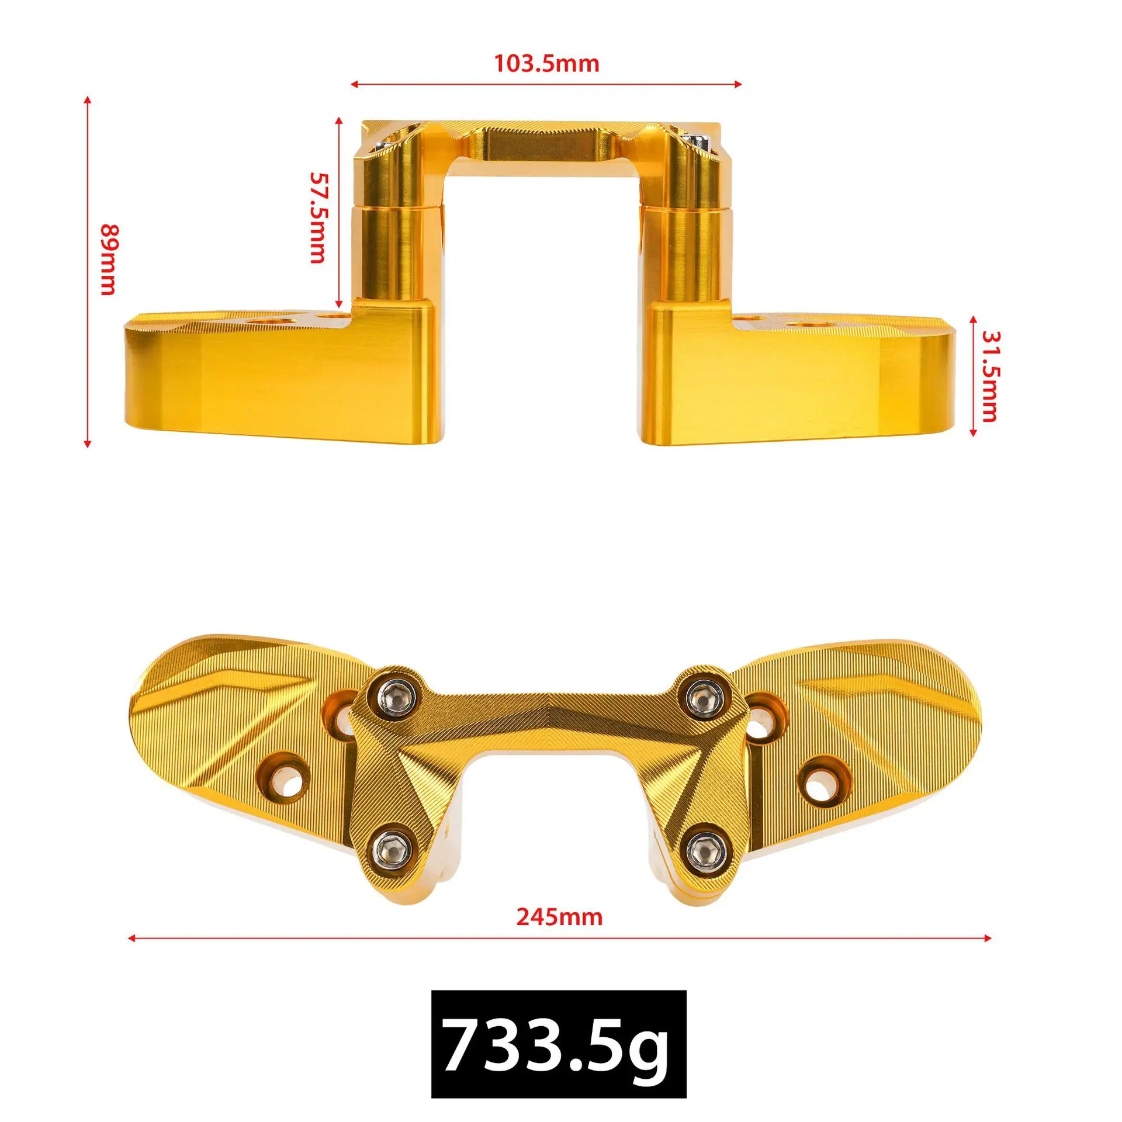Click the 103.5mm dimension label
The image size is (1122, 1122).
[547, 63]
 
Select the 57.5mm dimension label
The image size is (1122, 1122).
[317, 217]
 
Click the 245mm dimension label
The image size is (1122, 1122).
[559, 917]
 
